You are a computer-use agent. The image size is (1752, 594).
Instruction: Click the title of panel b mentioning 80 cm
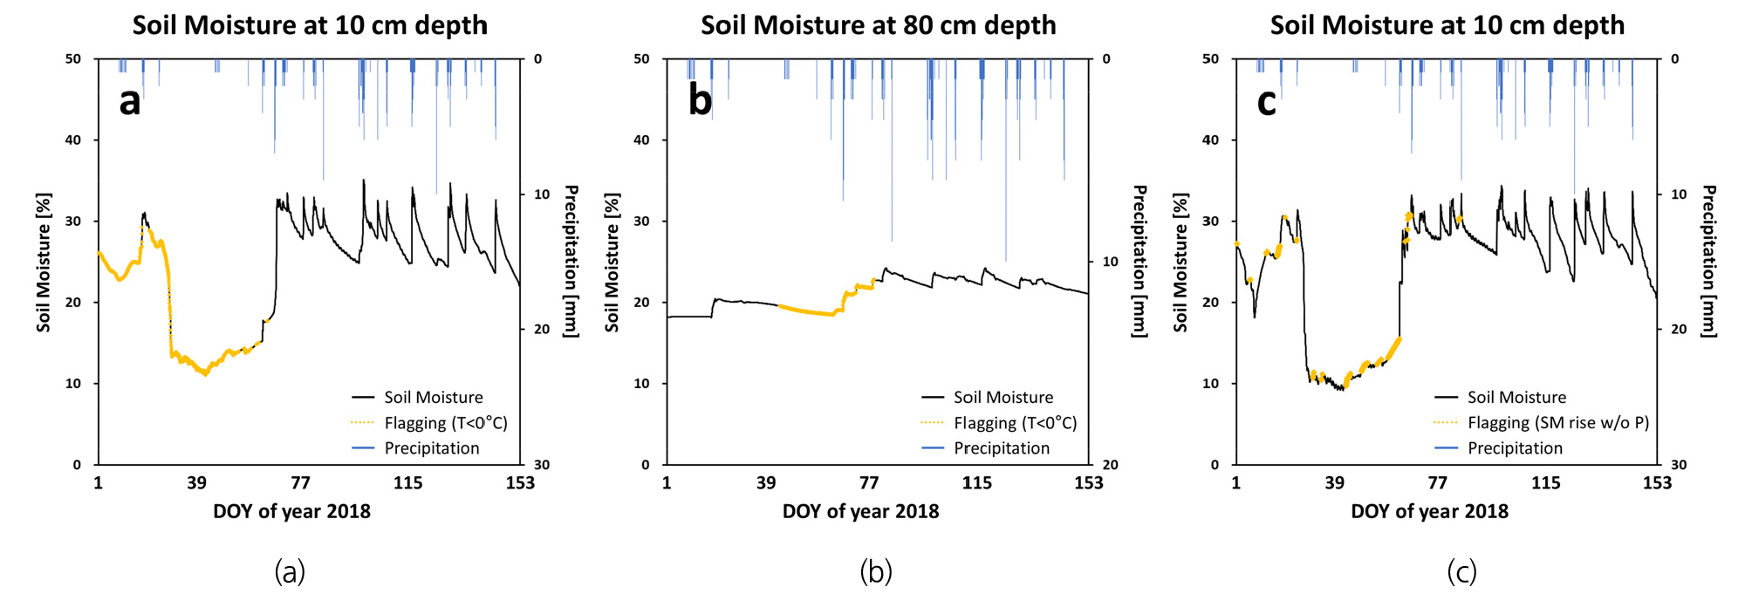pos(878,24)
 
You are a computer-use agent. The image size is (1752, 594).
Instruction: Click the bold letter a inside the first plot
pos(130,102)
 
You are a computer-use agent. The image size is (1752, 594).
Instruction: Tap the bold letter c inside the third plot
pos(1266,102)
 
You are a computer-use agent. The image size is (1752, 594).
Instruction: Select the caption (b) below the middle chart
pos(876,571)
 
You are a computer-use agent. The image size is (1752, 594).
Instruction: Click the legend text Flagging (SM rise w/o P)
pos(1557,423)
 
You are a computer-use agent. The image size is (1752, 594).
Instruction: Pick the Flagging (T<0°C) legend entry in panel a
pos(445,423)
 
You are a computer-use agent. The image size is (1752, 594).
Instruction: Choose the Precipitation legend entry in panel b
pos(1001,448)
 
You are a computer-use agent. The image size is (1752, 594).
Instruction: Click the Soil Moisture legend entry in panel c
pos(1516,398)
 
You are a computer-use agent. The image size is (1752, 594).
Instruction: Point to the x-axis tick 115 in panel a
pos(407,483)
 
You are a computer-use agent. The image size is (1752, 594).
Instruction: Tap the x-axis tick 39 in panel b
pos(766,483)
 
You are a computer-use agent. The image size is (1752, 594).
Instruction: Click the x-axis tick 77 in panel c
pos(1438,483)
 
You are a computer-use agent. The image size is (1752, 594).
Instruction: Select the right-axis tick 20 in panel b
pos(1110,465)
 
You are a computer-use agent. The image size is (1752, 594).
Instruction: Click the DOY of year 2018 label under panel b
pos(860,511)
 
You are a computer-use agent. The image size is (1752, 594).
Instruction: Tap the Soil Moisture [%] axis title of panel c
pos(1181,263)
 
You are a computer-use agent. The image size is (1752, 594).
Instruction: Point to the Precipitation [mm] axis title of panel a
pos(571,261)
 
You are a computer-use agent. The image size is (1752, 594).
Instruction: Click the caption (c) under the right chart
pos(1461,571)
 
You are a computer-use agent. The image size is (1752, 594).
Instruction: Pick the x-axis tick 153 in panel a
pos(520,483)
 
